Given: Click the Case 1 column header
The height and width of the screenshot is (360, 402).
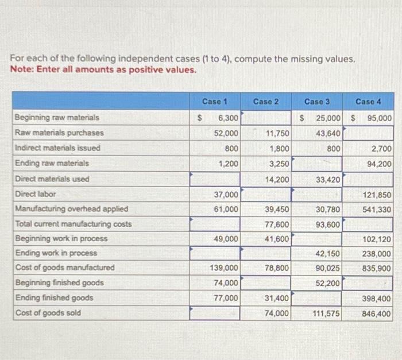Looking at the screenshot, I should [x=215, y=102].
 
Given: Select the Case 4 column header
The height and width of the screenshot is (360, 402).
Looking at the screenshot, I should [x=368, y=102].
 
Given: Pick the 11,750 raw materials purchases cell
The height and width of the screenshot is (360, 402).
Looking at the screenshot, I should [x=277, y=133].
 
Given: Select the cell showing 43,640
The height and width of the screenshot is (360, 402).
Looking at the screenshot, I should [x=328, y=133].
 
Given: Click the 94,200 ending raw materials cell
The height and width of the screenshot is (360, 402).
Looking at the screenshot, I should [x=380, y=163].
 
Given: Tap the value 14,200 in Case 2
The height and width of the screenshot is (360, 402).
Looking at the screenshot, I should [x=277, y=179].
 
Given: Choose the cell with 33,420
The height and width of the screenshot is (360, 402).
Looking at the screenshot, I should [x=328, y=179].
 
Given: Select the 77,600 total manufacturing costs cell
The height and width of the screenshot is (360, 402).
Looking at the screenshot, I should [x=277, y=224].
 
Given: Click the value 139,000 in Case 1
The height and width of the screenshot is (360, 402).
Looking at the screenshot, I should [x=224, y=268].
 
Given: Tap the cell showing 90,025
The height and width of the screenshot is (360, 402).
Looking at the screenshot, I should [x=328, y=268].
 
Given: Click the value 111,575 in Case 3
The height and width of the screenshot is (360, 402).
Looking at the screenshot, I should [x=326, y=313].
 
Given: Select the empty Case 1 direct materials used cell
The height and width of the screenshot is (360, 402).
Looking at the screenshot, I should [x=215, y=179].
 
